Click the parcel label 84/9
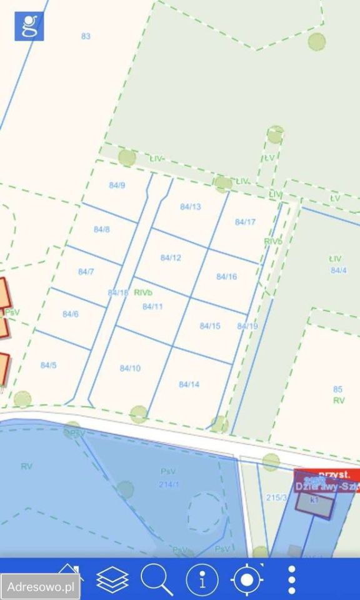coord(117,186)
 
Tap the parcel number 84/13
coord(190,207)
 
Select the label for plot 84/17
coord(245,222)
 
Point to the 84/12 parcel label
coord(171,257)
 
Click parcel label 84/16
coord(226,276)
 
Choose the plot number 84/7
coord(86,272)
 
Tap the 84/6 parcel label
coord(70,314)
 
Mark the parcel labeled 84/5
coord(48,365)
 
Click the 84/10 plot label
coord(130,368)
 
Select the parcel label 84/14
coord(189,384)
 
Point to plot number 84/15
coord(210,326)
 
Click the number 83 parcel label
coord(86,36)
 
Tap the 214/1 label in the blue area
coord(167,484)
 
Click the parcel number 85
coord(338,389)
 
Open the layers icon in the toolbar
coord(112,580)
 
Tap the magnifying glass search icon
coord(156,579)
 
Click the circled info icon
coord(202,580)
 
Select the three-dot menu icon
coord(291,580)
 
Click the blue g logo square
coord(29,26)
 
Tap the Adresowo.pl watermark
coord(39,587)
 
